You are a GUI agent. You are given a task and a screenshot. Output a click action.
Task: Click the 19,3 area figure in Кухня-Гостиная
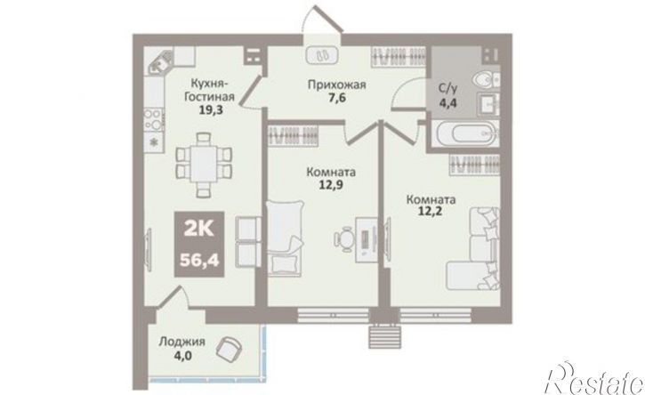tap(211, 109)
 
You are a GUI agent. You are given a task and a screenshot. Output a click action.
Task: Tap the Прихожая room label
tap(337, 85)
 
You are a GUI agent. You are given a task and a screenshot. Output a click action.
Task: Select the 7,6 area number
tap(336, 99)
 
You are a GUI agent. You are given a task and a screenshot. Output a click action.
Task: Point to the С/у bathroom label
tap(447, 87)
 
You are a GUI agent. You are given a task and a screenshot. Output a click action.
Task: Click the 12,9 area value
tap(331, 184)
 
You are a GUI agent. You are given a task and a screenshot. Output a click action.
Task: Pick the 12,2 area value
tap(431, 213)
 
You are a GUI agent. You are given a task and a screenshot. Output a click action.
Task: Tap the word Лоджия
tap(182, 342)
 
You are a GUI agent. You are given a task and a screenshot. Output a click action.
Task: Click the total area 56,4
tap(199, 259)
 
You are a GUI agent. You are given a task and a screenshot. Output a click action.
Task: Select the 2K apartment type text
tap(199, 228)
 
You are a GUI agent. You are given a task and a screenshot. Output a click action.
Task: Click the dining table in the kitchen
tap(204, 165)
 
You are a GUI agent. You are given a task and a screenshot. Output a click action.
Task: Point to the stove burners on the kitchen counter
tap(154, 118)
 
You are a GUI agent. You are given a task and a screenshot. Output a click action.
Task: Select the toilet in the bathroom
tap(487, 79)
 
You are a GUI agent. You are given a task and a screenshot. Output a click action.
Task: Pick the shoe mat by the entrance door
tap(322, 55)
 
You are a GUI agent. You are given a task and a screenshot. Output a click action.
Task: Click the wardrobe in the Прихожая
tap(398, 56)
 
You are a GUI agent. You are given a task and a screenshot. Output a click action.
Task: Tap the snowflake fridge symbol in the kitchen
tap(154, 142)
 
